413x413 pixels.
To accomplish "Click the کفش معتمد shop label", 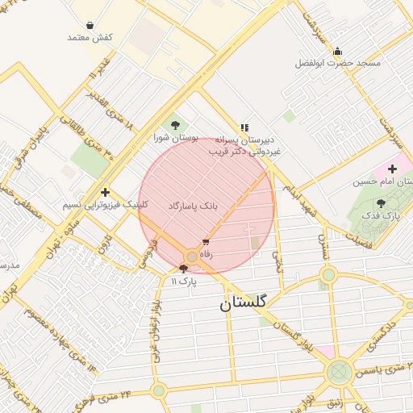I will (90, 37).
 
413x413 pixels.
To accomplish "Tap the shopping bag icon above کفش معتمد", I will (89, 26).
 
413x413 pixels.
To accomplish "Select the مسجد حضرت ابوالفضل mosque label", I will (337, 62).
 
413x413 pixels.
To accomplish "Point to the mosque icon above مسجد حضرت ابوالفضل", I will (337, 51).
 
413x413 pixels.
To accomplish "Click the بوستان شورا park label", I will (175, 137).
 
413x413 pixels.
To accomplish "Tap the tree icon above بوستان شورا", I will (175, 125).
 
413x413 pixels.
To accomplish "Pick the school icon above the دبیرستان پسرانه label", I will (244, 127).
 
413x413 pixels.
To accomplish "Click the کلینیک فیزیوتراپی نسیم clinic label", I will (105, 204).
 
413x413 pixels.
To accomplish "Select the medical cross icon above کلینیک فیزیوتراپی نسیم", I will (106, 192).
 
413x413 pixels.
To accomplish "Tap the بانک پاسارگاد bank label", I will (193, 206).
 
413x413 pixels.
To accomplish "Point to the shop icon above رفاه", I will (206, 242).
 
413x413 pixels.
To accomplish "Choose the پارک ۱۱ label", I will (183, 280).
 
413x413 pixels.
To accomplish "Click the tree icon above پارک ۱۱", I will (183, 269).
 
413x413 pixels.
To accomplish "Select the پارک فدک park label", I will (381, 215).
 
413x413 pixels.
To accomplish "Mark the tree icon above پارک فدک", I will (381, 203).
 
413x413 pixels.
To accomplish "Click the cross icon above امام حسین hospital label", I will (392, 169).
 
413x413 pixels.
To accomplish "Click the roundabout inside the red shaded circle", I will (191, 256).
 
